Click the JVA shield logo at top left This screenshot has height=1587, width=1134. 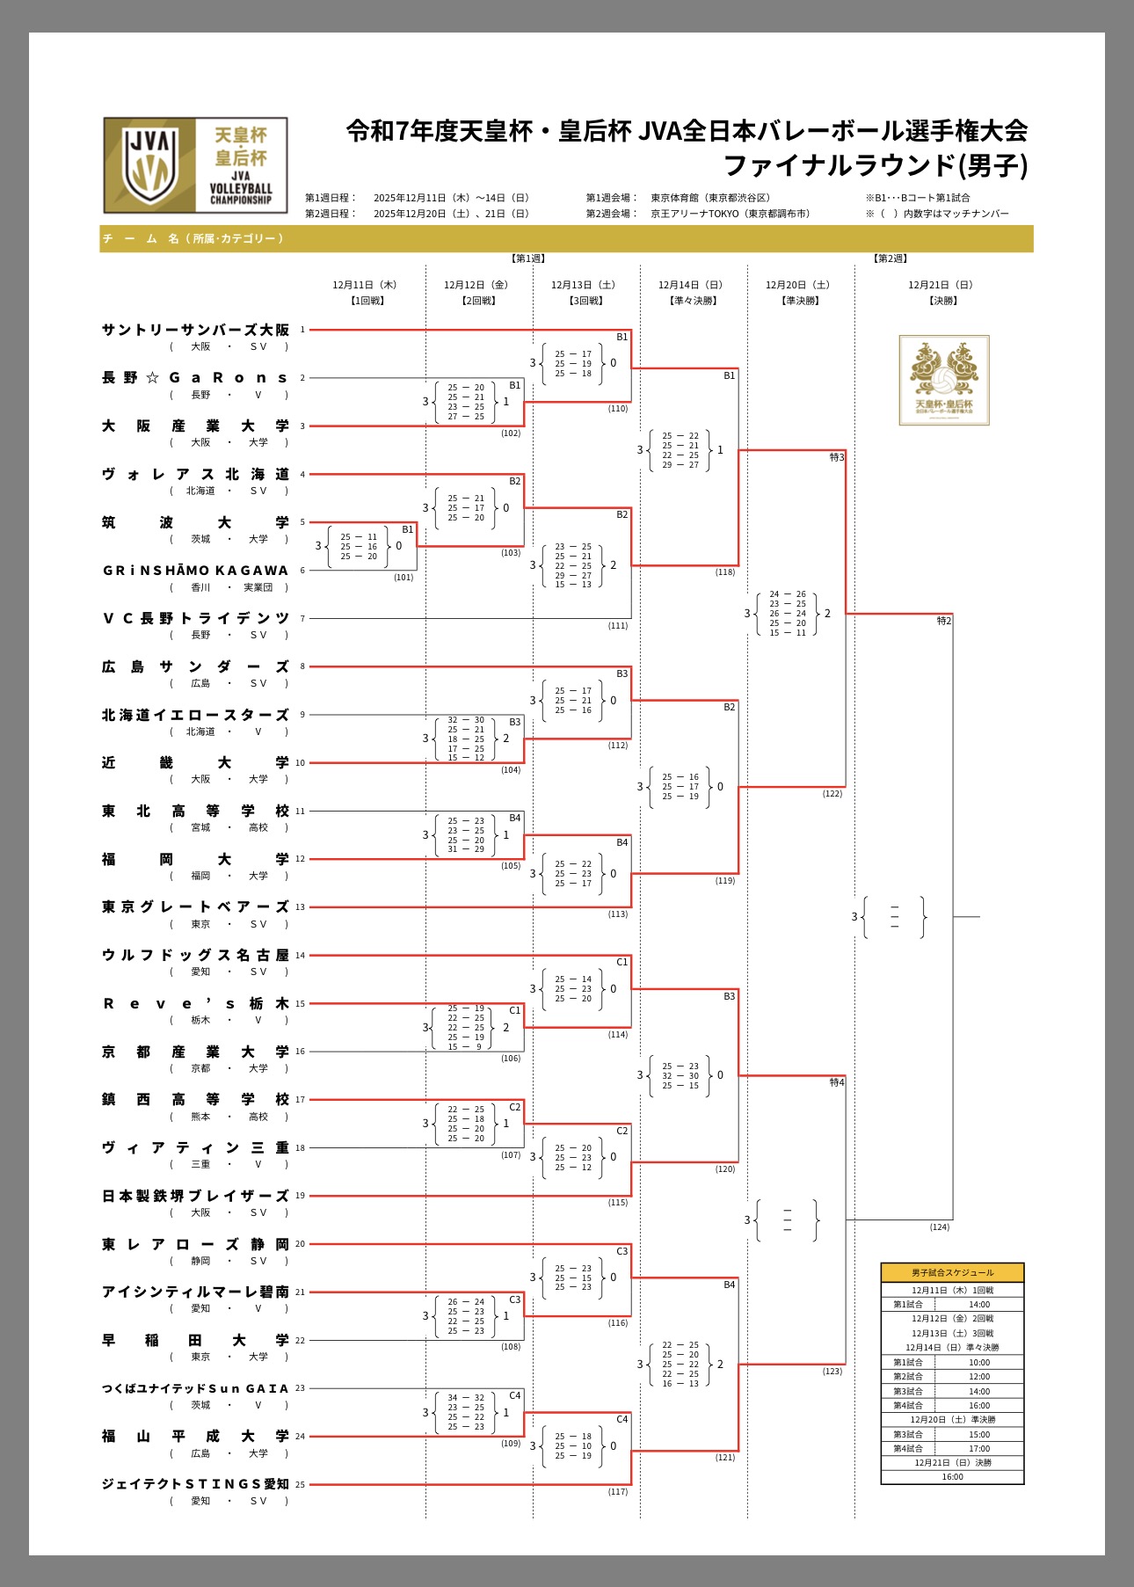point(150,164)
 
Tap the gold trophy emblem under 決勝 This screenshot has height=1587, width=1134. point(943,380)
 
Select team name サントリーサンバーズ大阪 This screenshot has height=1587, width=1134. point(195,330)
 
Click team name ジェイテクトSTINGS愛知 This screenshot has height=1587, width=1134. point(195,1484)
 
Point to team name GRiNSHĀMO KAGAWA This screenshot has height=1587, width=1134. point(195,571)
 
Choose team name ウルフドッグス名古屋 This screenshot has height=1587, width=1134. point(195,955)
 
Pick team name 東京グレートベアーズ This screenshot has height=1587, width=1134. point(195,907)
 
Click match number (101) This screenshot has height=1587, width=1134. point(403,578)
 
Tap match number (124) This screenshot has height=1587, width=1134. point(940,1227)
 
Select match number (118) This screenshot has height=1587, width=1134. point(725,572)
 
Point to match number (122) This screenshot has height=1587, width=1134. point(832,794)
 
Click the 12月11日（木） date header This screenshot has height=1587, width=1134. point(365,285)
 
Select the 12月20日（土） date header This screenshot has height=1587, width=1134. point(797,285)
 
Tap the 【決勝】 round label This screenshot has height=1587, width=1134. point(942,301)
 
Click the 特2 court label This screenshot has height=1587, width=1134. point(944,621)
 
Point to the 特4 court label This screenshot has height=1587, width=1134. point(837,1082)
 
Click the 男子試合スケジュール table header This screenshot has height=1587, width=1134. point(952,1272)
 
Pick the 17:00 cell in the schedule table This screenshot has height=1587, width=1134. point(979,1448)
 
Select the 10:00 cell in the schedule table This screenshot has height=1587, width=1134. point(979,1362)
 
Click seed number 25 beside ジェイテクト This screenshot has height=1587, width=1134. point(301,1485)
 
